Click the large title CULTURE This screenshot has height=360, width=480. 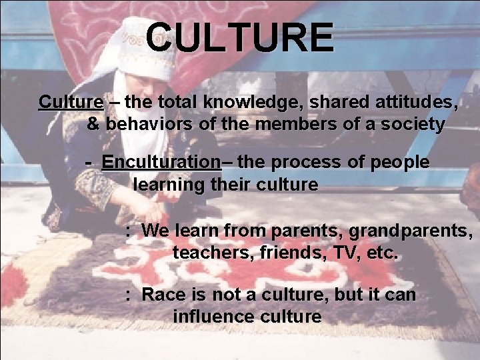(x=239, y=37)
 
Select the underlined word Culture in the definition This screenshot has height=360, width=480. (x=71, y=102)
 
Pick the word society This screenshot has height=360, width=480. (x=412, y=124)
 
